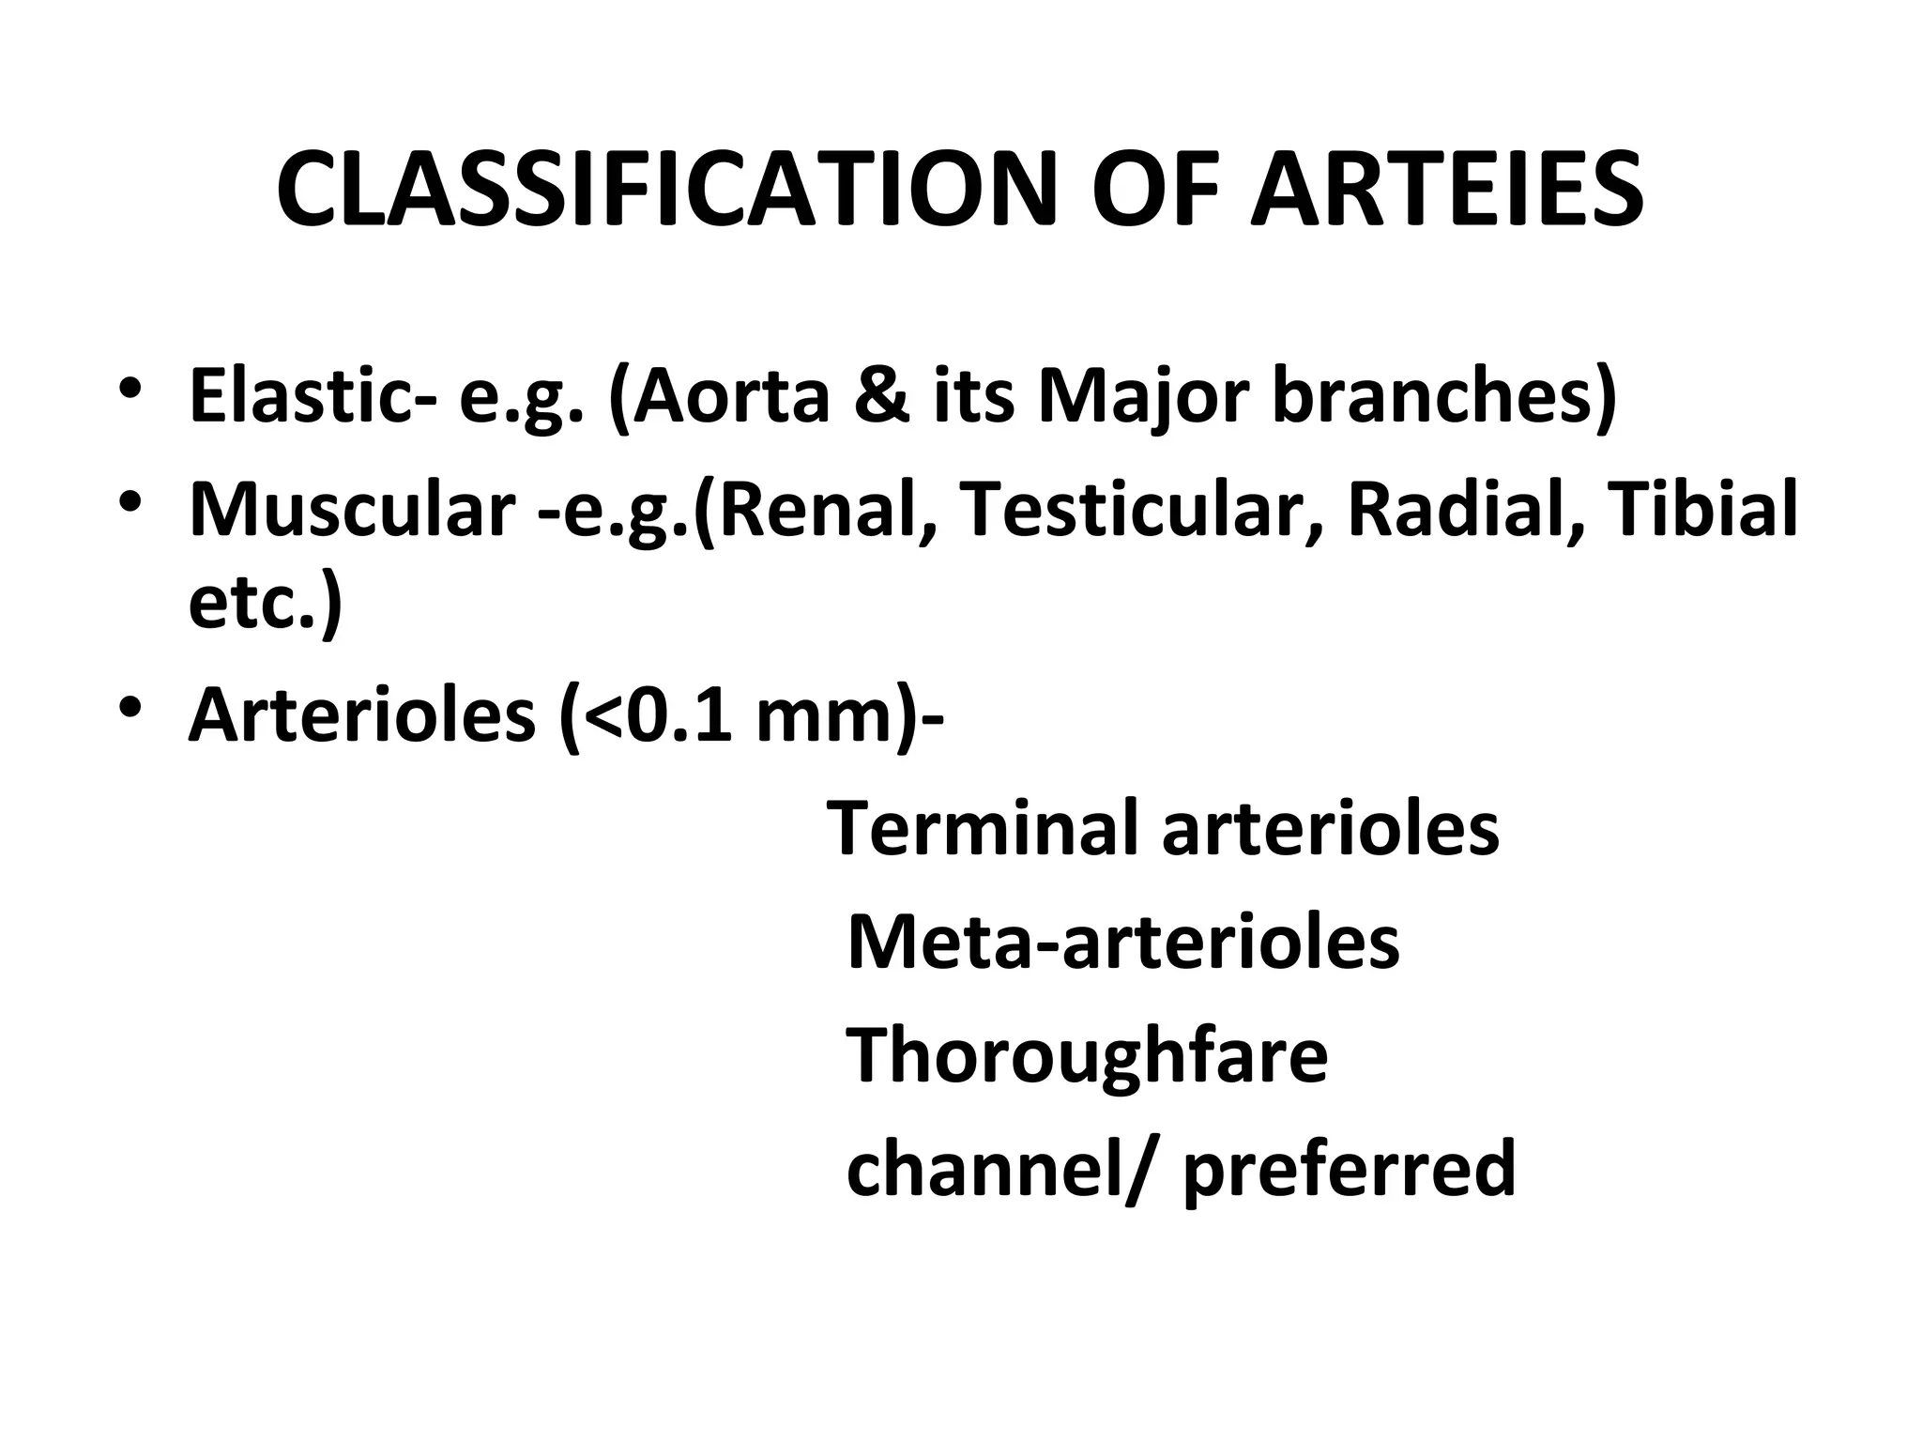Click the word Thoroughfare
(1087, 1055)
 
